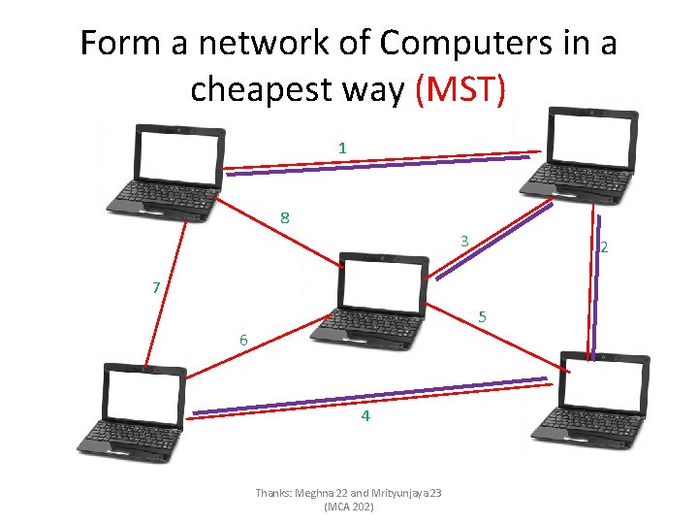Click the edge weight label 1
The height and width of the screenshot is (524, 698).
pyautogui.click(x=342, y=147)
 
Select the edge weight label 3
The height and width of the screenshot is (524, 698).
pyautogui.click(x=464, y=241)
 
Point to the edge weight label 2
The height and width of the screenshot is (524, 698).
pyautogui.click(x=604, y=247)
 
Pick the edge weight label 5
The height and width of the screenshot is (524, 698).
pyautogui.click(x=483, y=317)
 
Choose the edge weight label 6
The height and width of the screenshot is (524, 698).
pyautogui.click(x=244, y=340)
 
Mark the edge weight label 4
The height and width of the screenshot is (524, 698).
pyautogui.click(x=365, y=416)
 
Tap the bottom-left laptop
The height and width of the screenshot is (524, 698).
pyautogui.click(x=134, y=409)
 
